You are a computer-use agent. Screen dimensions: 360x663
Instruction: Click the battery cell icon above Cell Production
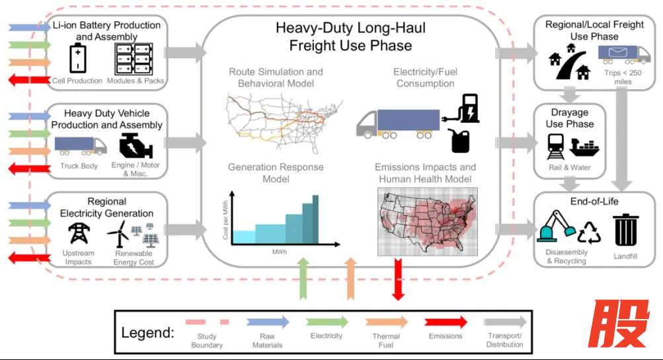point(79,59)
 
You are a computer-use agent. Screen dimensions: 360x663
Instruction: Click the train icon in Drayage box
point(555,147)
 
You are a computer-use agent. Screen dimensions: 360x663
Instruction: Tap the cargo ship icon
point(584,147)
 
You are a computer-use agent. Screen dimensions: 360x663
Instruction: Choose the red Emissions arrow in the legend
point(446,322)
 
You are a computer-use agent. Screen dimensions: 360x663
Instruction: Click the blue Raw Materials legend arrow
point(268,322)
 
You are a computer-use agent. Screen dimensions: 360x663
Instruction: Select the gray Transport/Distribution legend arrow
point(506,322)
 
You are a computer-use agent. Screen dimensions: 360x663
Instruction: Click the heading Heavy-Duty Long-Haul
point(350,29)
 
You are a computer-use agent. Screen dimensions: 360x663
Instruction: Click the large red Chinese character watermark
point(619,324)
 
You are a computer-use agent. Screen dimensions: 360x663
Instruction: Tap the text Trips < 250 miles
point(621,76)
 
